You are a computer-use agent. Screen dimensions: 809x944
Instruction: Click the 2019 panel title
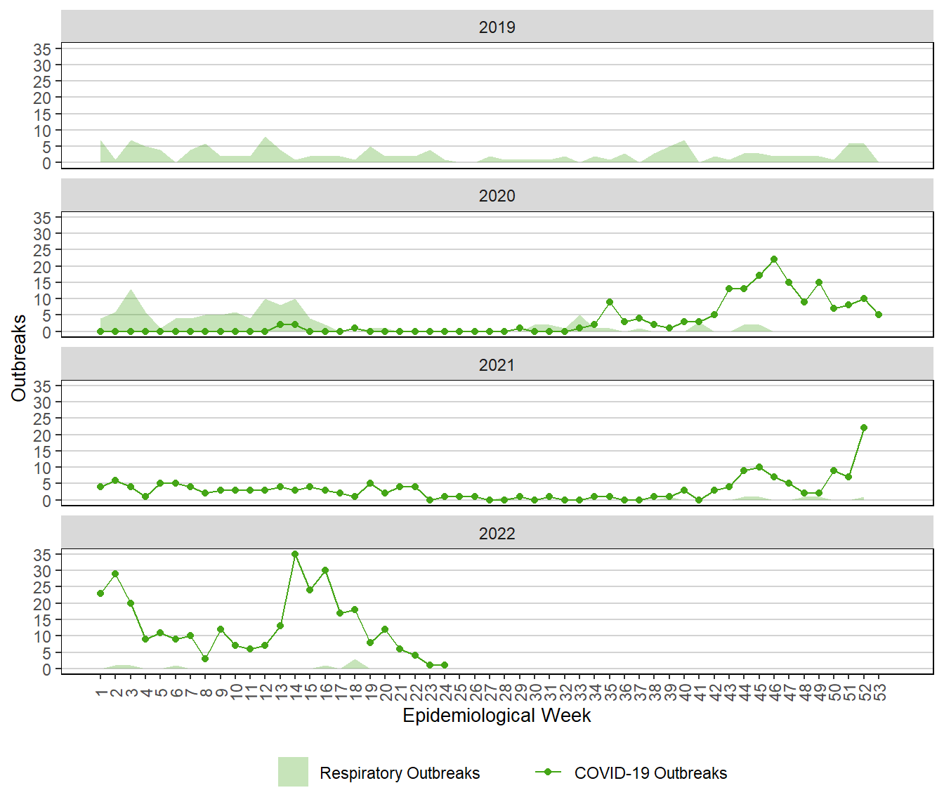(x=497, y=27)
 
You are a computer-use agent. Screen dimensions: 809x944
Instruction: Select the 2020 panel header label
(x=497, y=196)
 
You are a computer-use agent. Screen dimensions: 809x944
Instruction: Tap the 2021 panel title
(x=497, y=365)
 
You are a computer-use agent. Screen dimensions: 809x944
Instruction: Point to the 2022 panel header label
(x=497, y=534)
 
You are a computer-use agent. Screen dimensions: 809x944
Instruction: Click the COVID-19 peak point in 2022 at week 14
(x=295, y=554)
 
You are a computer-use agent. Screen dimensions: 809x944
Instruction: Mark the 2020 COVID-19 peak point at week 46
(x=774, y=259)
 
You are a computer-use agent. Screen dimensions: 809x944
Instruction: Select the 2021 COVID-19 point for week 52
(x=864, y=428)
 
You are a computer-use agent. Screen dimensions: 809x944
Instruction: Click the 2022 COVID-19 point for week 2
(x=115, y=574)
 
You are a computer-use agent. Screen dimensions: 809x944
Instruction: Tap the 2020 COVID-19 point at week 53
(x=879, y=315)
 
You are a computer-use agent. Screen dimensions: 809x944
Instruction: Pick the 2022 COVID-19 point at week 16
(x=325, y=570)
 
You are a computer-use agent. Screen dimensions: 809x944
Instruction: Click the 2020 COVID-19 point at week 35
(x=610, y=302)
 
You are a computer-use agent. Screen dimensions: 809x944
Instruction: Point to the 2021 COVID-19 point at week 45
(x=759, y=467)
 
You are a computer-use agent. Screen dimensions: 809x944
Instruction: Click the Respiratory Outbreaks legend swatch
(x=293, y=772)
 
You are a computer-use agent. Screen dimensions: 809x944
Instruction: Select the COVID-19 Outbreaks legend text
(x=650, y=773)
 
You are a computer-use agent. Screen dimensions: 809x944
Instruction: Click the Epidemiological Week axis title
(x=497, y=716)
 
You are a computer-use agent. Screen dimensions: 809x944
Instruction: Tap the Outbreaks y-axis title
(x=19, y=358)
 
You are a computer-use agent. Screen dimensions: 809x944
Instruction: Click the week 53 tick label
(x=879, y=692)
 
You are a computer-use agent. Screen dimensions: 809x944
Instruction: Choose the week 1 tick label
(x=101, y=692)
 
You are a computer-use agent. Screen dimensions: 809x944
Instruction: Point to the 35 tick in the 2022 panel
(x=42, y=555)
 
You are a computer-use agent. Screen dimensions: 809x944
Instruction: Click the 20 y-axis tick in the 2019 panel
(x=42, y=98)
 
